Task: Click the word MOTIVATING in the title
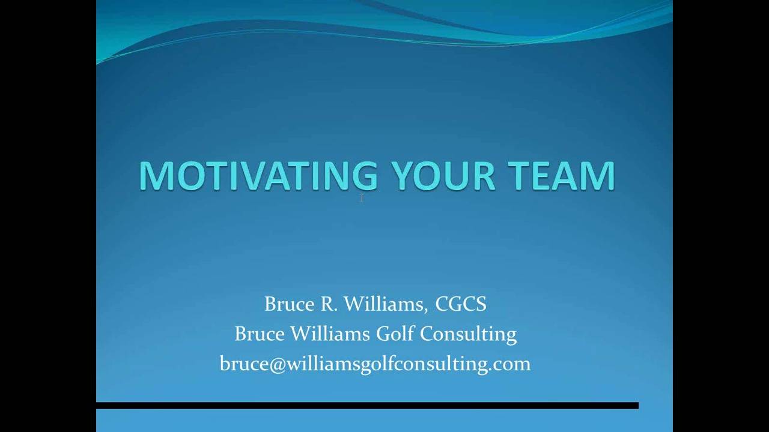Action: (x=258, y=176)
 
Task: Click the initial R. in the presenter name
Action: (x=329, y=304)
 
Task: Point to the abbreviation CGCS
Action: (x=461, y=304)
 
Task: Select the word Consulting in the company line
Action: (x=468, y=334)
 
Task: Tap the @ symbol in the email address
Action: (x=278, y=364)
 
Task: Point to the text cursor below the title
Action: (x=362, y=198)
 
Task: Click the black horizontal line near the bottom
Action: (x=367, y=406)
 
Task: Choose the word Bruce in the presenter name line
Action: (x=290, y=304)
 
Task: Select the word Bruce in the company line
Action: (x=260, y=334)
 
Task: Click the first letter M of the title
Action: (x=154, y=176)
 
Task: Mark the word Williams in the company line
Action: (x=330, y=334)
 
